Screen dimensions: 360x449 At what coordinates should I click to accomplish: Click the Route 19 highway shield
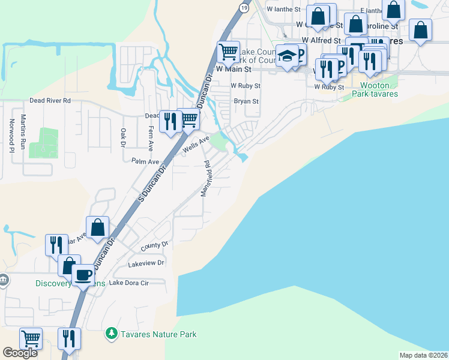pyautogui.click(x=243, y=7)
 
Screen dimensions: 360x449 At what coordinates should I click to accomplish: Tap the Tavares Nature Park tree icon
pyautogui.click(x=110, y=333)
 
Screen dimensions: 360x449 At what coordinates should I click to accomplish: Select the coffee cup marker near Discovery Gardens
pyautogui.click(x=83, y=275)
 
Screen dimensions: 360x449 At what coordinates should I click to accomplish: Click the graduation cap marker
pyautogui.click(x=286, y=56)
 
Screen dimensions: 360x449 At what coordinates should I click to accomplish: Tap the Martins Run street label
pyautogui.click(x=23, y=131)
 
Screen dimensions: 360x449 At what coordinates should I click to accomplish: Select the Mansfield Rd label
pyautogui.click(x=205, y=178)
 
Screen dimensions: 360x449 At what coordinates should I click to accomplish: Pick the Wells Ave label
pyautogui.click(x=196, y=145)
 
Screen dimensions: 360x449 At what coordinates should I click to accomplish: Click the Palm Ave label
pyautogui.click(x=145, y=161)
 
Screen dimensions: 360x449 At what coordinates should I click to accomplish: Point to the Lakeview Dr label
pyautogui.click(x=146, y=263)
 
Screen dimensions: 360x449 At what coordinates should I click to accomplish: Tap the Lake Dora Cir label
pyautogui.click(x=128, y=283)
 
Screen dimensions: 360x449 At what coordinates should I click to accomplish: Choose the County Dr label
pyautogui.click(x=155, y=245)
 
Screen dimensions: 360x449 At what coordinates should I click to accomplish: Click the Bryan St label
pyautogui.click(x=246, y=101)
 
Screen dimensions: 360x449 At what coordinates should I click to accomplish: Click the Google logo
pyautogui.click(x=20, y=353)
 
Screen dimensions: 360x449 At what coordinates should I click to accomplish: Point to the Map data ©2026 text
pyautogui.click(x=423, y=355)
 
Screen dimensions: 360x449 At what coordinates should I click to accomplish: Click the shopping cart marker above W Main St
pyautogui.click(x=229, y=52)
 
